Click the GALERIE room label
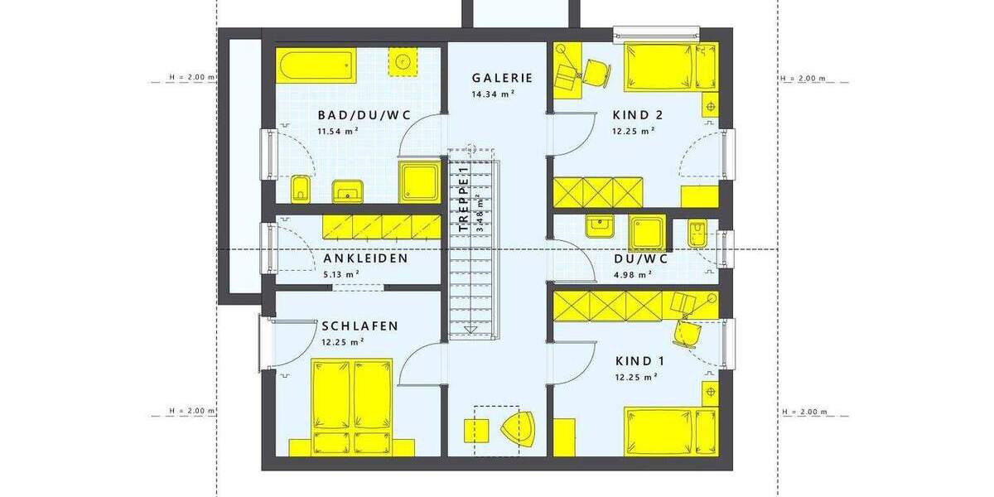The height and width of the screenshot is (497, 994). click(502, 78)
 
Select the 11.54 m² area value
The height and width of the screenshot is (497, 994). click(338, 131)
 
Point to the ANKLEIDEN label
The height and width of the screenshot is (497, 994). click(365, 258)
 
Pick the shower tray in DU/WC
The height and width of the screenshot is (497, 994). click(646, 233)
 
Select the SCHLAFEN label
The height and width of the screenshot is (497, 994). click(359, 326)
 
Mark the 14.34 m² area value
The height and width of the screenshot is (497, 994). click(494, 94)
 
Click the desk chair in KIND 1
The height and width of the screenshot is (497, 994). click(688, 331)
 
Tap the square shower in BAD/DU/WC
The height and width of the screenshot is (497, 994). click(420, 181)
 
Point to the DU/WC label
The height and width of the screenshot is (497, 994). click(640, 258)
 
